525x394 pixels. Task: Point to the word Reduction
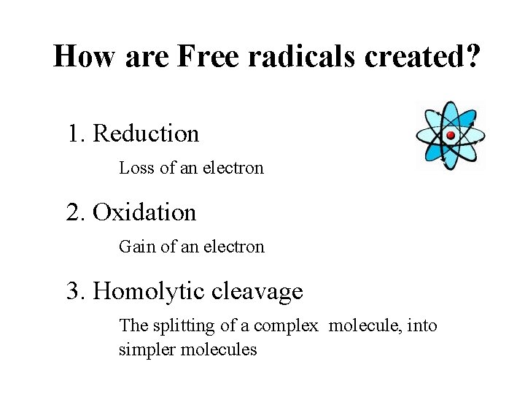click(146, 134)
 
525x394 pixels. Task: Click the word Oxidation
click(144, 212)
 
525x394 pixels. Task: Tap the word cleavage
click(257, 292)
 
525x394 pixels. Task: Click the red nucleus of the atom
click(451, 135)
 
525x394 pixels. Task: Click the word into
click(422, 325)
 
